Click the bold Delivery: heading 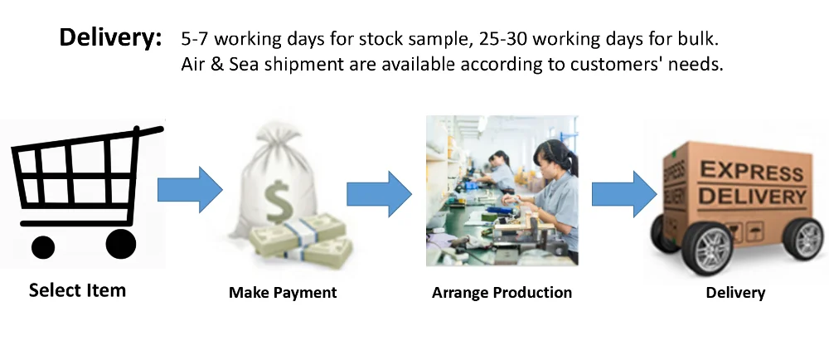(x=110, y=38)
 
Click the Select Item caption (x=77, y=290)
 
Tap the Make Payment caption (x=283, y=292)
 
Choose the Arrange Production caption (x=502, y=292)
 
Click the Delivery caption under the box (x=735, y=293)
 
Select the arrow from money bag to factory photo (x=379, y=194)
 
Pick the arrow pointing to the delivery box (x=624, y=194)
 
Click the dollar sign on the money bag (x=279, y=202)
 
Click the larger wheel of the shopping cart (x=121, y=244)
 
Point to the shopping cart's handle (x=149, y=130)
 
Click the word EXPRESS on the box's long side (x=751, y=172)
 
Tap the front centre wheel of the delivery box (x=707, y=249)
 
